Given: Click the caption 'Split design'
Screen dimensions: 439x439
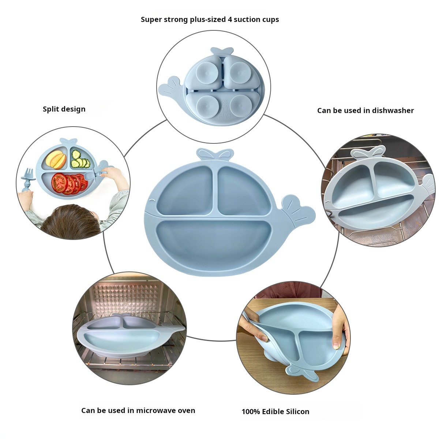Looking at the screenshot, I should (x=64, y=109).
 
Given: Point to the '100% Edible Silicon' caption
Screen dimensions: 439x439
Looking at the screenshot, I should (x=275, y=412).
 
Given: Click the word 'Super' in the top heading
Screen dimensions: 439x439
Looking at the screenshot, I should (x=151, y=19).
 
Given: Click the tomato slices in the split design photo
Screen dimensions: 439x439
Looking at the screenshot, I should (x=68, y=183).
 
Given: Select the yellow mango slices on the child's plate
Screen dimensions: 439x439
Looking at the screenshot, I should (x=56, y=159).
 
